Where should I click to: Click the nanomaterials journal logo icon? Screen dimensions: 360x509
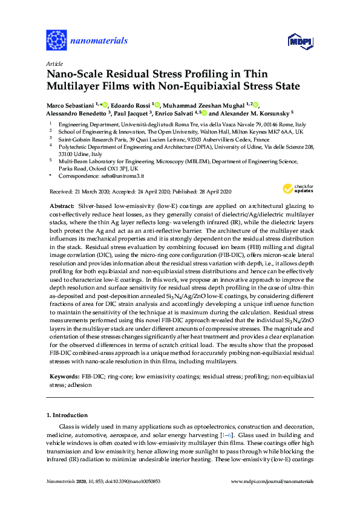(56, 41)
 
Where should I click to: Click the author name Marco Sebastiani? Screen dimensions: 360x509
(70, 105)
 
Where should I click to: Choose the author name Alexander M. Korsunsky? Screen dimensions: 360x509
(241, 112)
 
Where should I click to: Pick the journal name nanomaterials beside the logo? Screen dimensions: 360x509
(99, 41)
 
